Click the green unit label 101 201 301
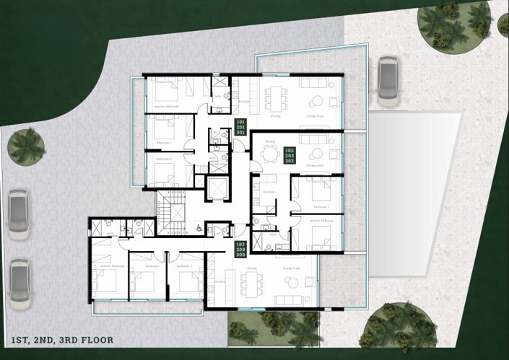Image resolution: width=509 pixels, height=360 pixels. [x=241, y=128]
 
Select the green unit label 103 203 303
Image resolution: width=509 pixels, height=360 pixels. [x=241, y=250]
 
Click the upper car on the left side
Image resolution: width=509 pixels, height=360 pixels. [x=19, y=214]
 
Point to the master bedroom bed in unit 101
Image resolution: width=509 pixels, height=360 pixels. [x=168, y=92]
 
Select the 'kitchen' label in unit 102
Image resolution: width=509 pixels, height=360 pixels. [x=268, y=192]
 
